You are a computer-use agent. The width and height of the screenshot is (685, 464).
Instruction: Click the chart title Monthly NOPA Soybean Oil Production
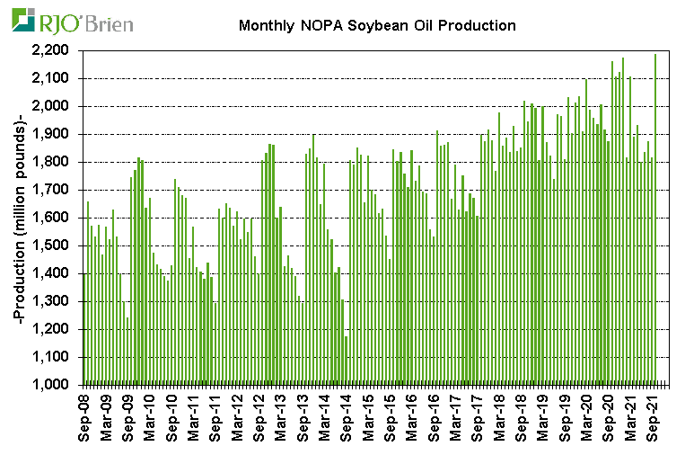(x=377, y=25)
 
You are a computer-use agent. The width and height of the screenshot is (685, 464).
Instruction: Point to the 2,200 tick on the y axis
(x=57, y=51)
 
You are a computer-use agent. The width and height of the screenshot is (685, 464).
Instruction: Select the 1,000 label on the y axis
(x=57, y=385)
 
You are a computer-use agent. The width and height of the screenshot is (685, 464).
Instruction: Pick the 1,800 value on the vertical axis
(x=57, y=162)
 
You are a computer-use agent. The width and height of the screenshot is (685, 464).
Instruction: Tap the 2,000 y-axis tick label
(x=57, y=106)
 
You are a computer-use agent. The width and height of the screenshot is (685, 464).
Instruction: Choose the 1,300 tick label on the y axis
(x=57, y=301)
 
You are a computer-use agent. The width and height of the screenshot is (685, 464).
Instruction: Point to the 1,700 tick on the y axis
(x=57, y=190)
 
